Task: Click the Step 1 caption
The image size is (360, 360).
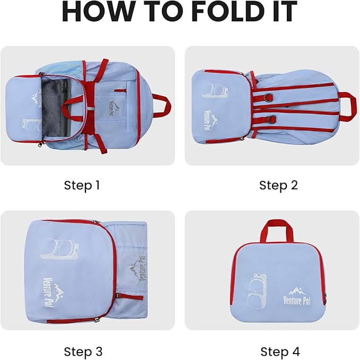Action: click(82, 185)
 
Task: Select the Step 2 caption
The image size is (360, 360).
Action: click(278, 185)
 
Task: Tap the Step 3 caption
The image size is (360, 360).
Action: click(83, 352)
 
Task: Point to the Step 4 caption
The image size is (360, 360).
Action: click(280, 352)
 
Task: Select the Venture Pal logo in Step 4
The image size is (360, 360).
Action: click(297, 296)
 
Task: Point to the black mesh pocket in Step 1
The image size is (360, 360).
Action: click(56, 108)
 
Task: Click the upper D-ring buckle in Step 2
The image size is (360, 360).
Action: click(268, 98)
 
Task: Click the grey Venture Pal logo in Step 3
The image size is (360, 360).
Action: click(137, 268)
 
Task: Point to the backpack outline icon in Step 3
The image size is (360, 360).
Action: click(60, 250)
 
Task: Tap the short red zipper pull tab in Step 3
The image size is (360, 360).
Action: click(129, 297)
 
